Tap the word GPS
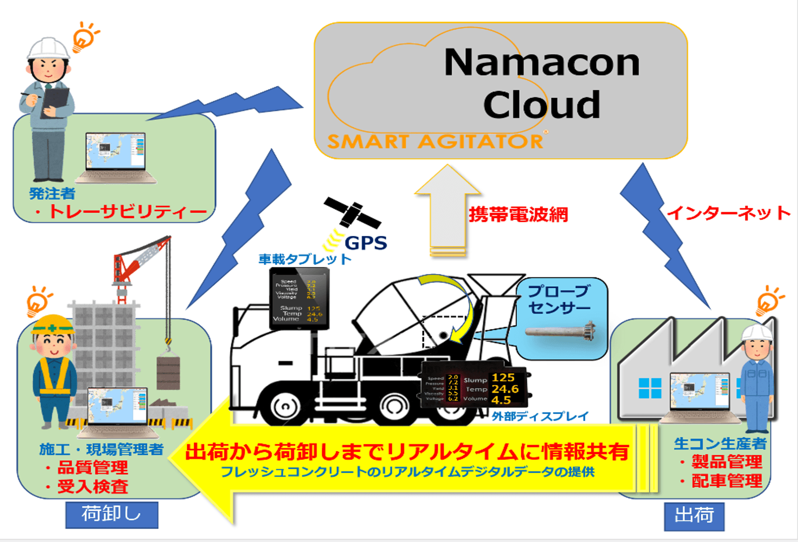pyautogui.click(x=366, y=243)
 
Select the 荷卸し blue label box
pyautogui.click(x=112, y=514)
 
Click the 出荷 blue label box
pyautogui.click(x=694, y=516)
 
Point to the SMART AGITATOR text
pyautogui.click(x=435, y=141)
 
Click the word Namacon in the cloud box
pyautogui.click(x=542, y=63)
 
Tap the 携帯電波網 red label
pyautogui.click(x=518, y=214)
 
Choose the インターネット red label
pyautogui.click(x=728, y=213)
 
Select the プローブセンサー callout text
pyautogui.click(x=559, y=299)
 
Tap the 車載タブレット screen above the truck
pyautogui.click(x=299, y=298)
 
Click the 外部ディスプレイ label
pyautogui.click(x=540, y=416)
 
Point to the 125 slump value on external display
pyautogui.click(x=503, y=378)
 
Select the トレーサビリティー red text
pyautogui.click(x=127, y=212)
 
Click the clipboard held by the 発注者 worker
pyautogui.click(x=54, y=101)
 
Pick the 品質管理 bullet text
pyautogui.click(x=92, y=467)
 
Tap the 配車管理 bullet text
pyautogui.click(x=726, y=481)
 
